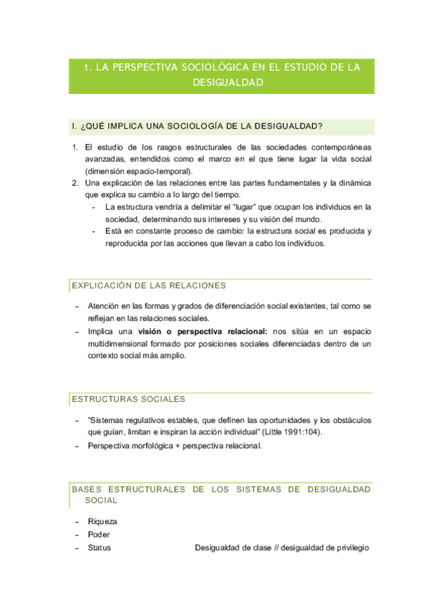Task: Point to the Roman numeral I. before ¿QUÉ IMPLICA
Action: click(x=74, y=127)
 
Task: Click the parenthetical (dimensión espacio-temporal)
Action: click(x=138, y=171)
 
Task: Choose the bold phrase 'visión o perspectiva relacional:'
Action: click(x=202, y=331)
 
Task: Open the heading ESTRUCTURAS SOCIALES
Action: click(x=129, y=399)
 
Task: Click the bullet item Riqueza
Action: click(x=102, y=521)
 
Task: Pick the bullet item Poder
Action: click(x=99, y=534)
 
